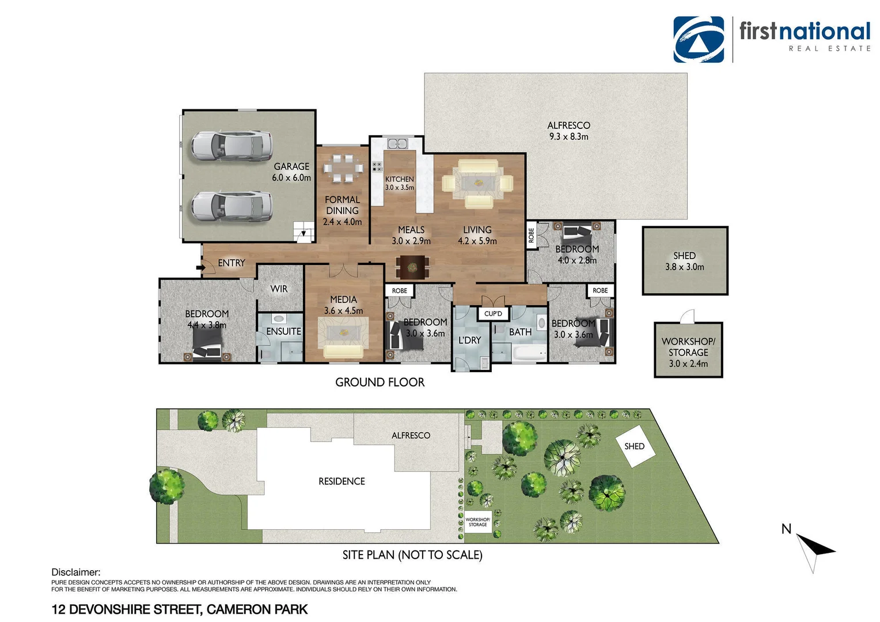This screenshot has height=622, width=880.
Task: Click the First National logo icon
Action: [699, 39]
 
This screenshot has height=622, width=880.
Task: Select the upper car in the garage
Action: [231, 145]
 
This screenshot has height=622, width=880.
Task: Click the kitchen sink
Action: [397, 143]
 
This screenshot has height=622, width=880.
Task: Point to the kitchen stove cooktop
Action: [377, 167]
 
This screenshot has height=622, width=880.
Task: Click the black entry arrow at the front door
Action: [200, 267]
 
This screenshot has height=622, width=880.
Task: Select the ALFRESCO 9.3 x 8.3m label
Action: [568, 131]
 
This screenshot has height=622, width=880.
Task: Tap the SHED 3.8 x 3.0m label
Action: [684, 261]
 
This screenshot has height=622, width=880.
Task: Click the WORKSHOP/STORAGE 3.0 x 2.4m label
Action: [688, 352]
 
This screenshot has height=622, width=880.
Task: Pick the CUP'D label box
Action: [493, 314]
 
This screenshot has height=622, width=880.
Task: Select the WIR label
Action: [279, 289]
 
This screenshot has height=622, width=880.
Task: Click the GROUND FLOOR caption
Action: [380, 382]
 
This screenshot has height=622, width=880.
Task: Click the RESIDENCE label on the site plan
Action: [342, 481]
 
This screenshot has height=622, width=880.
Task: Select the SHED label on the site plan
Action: [634, 446]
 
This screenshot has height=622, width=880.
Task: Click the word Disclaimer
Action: [75, 572]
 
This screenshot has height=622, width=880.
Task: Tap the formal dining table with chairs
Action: [343, 168]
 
